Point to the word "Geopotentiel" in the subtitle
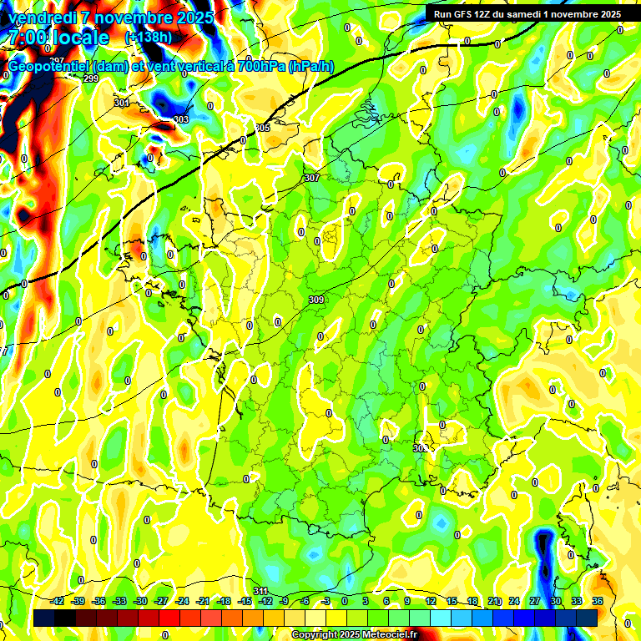pyautogui.click(x=49, y=67)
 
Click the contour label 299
pyautogui.click(x=91, y=78)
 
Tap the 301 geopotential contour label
pyautogui.click(x=122, y=103)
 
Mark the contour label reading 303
pyautogui.click(x=181, y=119)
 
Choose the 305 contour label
pyautogui.click(x=263, y=128)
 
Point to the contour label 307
pyautogui.click(x=312, y=178)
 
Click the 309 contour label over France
pyautogui.click(x=316, y=300)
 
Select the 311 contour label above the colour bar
pyautogui.click(x=260, y=592)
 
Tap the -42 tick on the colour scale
pyautogui.click(x=57, y=601)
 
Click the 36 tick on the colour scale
pyautogui.click(x=598, y=601)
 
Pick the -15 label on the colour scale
pyautogui.click(x=245, y=601)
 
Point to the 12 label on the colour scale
pyautogui.click(x=431, y=601)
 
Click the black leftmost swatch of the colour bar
pyautogui.click(x=45, y=618)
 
